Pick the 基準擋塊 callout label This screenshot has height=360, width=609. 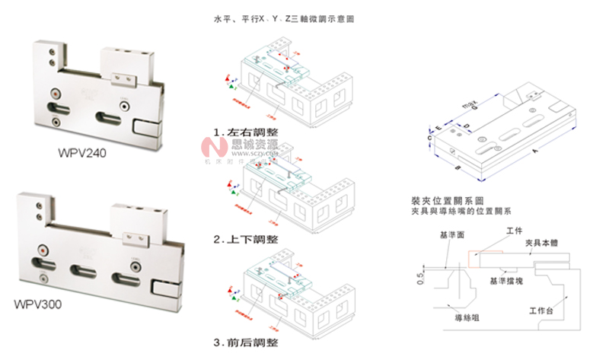pos(505,280)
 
